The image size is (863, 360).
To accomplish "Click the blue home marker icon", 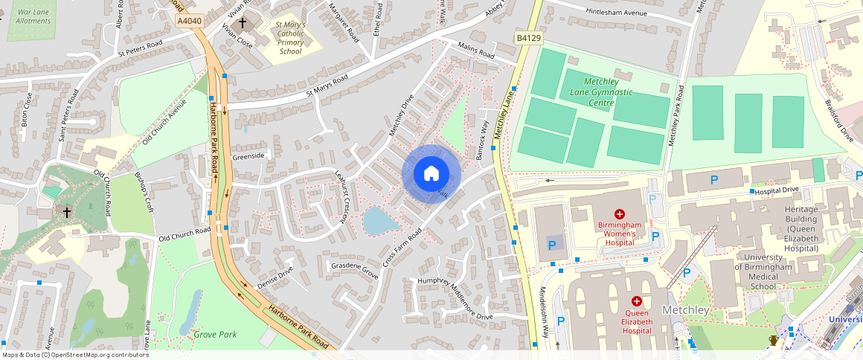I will click(x=431, y=174).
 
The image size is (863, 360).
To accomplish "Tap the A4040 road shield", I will click(x=190, y=22).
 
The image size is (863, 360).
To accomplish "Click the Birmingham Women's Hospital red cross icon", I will click(x=619, y=214).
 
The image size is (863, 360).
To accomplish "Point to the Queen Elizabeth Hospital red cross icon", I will click(x=637, y=301).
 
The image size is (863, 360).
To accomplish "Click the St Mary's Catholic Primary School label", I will click(x=290, y=38).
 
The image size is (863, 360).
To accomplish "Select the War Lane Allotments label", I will click(x=33, y=16).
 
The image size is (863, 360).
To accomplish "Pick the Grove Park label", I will click(x=215, y=335).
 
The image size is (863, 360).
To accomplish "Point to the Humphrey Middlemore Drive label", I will click(x=455, y=298).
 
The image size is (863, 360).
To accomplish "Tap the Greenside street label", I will click(x=248, y=156).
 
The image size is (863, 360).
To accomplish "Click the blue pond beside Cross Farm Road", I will click(x=379, y=221).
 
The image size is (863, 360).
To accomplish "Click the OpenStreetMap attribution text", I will click(x=75, y=355).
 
